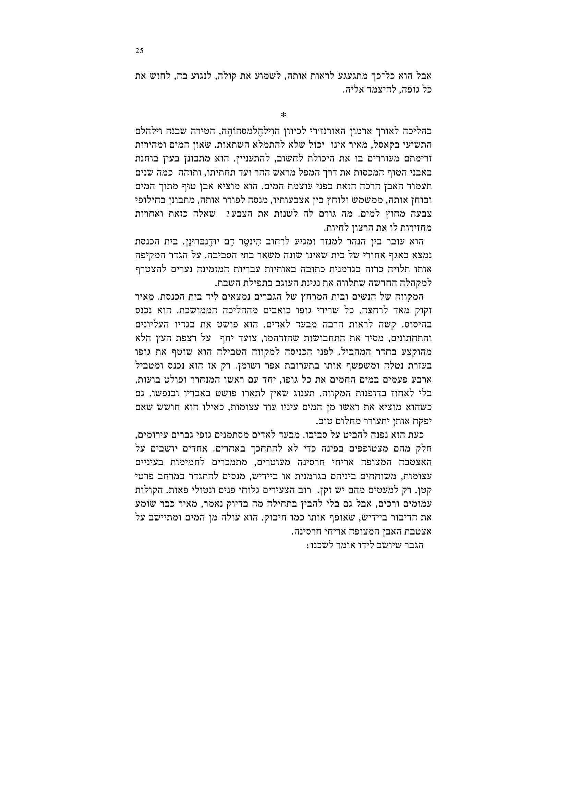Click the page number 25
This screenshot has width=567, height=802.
[139, 51]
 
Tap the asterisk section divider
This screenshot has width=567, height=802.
[283, 115]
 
